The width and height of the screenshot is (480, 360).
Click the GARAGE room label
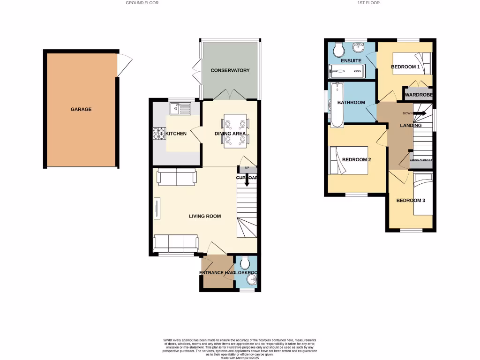pyautogui.click(x=81, y=109)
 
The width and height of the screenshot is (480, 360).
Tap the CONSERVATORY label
pyautogui.click(x=230, y=70)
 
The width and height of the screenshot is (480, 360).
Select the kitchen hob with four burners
pyautogui.click(x=158, y=134)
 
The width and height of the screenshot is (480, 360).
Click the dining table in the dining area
pyautogui.click(x=235, y=131)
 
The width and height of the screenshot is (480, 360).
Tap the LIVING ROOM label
pyautogui.click(x=205, y=216)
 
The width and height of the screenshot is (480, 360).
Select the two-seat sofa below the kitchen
pyautogui.click(x=177, y=177)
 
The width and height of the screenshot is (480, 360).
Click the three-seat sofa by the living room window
pyautogui.click(x=176, y=242)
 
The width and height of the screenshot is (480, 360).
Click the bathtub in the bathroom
pyautogui.click(x=337, y=105)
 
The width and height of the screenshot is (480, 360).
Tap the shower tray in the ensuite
pyautogui.click(x=346, y=72)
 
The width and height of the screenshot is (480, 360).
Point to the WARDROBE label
pyautogui.click(x=418, y=95)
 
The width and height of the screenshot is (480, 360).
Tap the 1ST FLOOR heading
pyautogui.click(x=368, y=3)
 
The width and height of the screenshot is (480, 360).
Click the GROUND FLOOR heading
pyautogui.click(x=142, y=3)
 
